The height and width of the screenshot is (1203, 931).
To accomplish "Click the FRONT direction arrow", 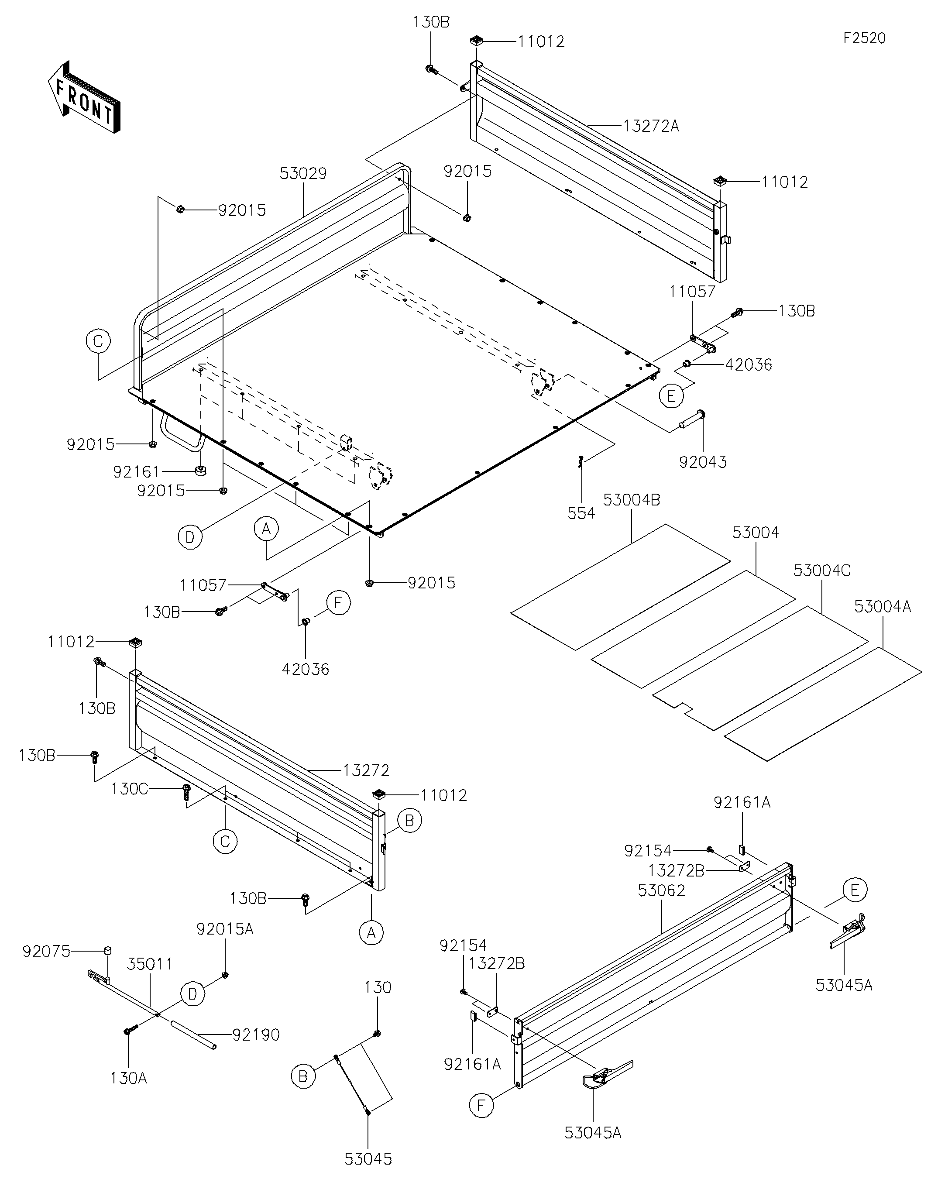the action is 84,97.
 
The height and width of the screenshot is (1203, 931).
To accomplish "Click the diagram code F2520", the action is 864,38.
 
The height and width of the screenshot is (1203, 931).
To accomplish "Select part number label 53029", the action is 303,174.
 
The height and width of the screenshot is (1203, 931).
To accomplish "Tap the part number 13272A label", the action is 651,126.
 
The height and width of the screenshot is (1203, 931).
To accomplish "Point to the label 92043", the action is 703,462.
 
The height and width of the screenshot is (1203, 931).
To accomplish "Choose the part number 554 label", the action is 581,513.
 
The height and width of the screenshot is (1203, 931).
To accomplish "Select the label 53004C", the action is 822,571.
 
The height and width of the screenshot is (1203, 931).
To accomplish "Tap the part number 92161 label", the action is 136,472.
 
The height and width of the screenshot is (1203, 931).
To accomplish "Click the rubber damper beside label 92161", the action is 200,471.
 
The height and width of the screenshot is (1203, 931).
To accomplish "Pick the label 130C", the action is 130,789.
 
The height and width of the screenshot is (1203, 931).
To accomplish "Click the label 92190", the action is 256,1035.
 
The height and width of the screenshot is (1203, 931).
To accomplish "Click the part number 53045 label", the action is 368,1159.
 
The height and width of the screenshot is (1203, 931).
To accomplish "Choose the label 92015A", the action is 225,929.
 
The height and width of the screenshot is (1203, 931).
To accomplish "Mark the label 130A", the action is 128,1078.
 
